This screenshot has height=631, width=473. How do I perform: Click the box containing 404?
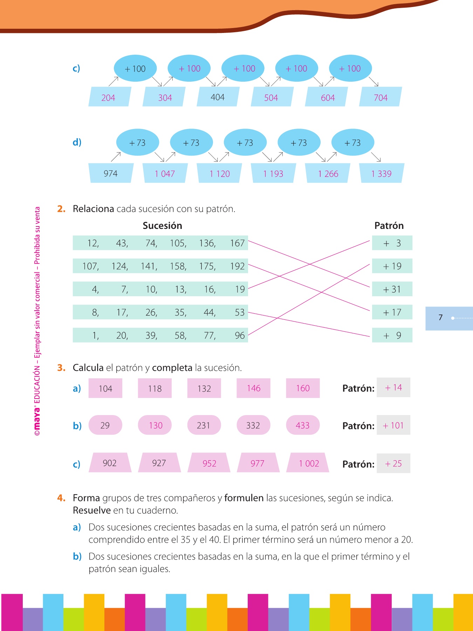point(218,97)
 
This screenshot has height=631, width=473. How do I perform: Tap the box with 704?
point(380,97)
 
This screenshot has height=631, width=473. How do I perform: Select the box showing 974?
point(111,173)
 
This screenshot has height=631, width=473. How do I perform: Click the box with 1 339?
point(382,173)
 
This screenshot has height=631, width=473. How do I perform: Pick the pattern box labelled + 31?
point(392,289)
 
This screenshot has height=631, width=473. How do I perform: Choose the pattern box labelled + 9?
point(392,335)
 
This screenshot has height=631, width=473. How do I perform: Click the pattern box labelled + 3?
point(392,243)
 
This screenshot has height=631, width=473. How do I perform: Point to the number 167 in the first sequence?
point(237,243)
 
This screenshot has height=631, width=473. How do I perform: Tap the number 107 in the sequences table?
point(90,266)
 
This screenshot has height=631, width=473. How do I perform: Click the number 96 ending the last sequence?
point(240,335)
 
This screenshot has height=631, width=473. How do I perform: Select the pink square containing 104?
point(105,388)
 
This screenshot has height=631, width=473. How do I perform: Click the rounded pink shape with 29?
point(105,425)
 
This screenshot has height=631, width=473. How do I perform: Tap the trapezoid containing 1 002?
point(308,463)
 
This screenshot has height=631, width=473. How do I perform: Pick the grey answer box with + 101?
point(393,425)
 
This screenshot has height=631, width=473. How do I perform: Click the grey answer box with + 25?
point(393,463)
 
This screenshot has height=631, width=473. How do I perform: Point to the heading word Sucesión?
point(162,225)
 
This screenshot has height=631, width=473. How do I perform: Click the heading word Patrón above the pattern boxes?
point(389,225)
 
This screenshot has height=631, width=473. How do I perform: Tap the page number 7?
point(440,318)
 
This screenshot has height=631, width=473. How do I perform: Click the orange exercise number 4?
point(61,498)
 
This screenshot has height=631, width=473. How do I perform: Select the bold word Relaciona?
point(93,209)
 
